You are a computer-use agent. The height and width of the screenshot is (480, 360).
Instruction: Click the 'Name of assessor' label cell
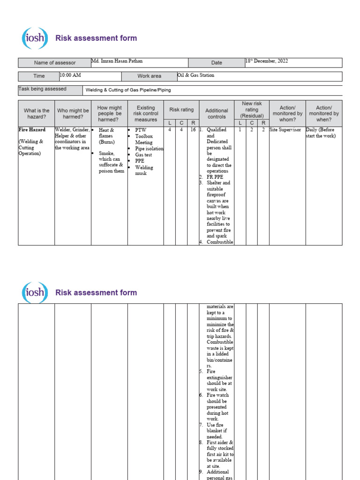[x=54, y=63]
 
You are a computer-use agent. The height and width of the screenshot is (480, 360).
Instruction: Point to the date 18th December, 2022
[x=267, y=61]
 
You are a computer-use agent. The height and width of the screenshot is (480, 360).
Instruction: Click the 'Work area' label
[x=149, y=76]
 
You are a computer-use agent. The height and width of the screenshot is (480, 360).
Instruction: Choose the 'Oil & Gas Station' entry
[x=195, y=75]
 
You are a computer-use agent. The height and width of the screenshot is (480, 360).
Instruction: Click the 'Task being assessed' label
[x=42, y=89]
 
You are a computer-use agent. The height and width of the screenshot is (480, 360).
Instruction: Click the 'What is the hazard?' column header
[x=36, y=114]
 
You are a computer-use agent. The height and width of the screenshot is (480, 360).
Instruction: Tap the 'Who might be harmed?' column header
[x=73, y=114]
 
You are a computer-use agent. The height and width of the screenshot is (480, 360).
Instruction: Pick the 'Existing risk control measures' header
[x=145, y=113]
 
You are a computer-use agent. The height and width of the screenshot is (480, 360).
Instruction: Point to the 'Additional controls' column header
[x=217, y=113]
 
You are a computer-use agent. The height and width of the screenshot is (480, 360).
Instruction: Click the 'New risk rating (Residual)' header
[x=252, y=109]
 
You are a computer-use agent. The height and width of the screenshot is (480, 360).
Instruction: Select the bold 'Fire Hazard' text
[x=32, y=130]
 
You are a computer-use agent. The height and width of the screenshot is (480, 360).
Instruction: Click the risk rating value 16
[x=193, y=130]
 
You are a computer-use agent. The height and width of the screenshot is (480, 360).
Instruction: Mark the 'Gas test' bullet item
[x=144, y=155]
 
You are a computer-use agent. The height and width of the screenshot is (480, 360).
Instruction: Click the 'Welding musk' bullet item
[x=144, y=170]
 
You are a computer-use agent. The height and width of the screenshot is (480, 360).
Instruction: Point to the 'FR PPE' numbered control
[x=215, y=177]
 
